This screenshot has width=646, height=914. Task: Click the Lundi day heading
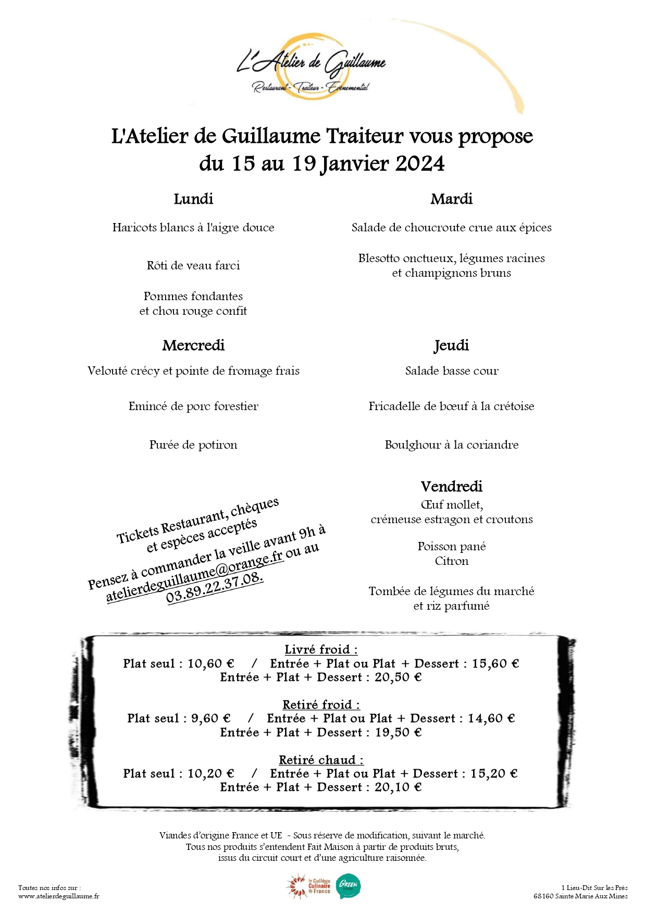[193, 199]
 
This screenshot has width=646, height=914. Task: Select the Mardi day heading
[451, 199]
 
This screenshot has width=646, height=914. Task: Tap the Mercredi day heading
[193, 345]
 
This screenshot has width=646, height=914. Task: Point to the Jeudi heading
[451, 345]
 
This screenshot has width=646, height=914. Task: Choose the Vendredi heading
[451, 487]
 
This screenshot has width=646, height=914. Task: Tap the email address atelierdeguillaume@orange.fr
[195, 577]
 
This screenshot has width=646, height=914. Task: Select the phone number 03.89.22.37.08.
[215, 587]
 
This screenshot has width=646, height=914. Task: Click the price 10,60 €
[211, 664]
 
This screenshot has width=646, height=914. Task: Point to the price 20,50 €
[398, 677]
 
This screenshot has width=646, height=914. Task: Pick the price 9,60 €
[211, 719]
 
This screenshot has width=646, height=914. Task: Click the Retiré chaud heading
[321, 760]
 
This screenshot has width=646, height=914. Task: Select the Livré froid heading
[321, 650]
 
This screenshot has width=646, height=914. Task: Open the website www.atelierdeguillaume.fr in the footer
[58, 896]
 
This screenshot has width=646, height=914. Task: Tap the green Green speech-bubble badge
[348, 886]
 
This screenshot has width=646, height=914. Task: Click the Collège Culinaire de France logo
[309, 886]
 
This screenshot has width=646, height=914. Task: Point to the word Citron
[451, 561]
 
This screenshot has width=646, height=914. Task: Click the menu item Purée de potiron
[193, 445]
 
